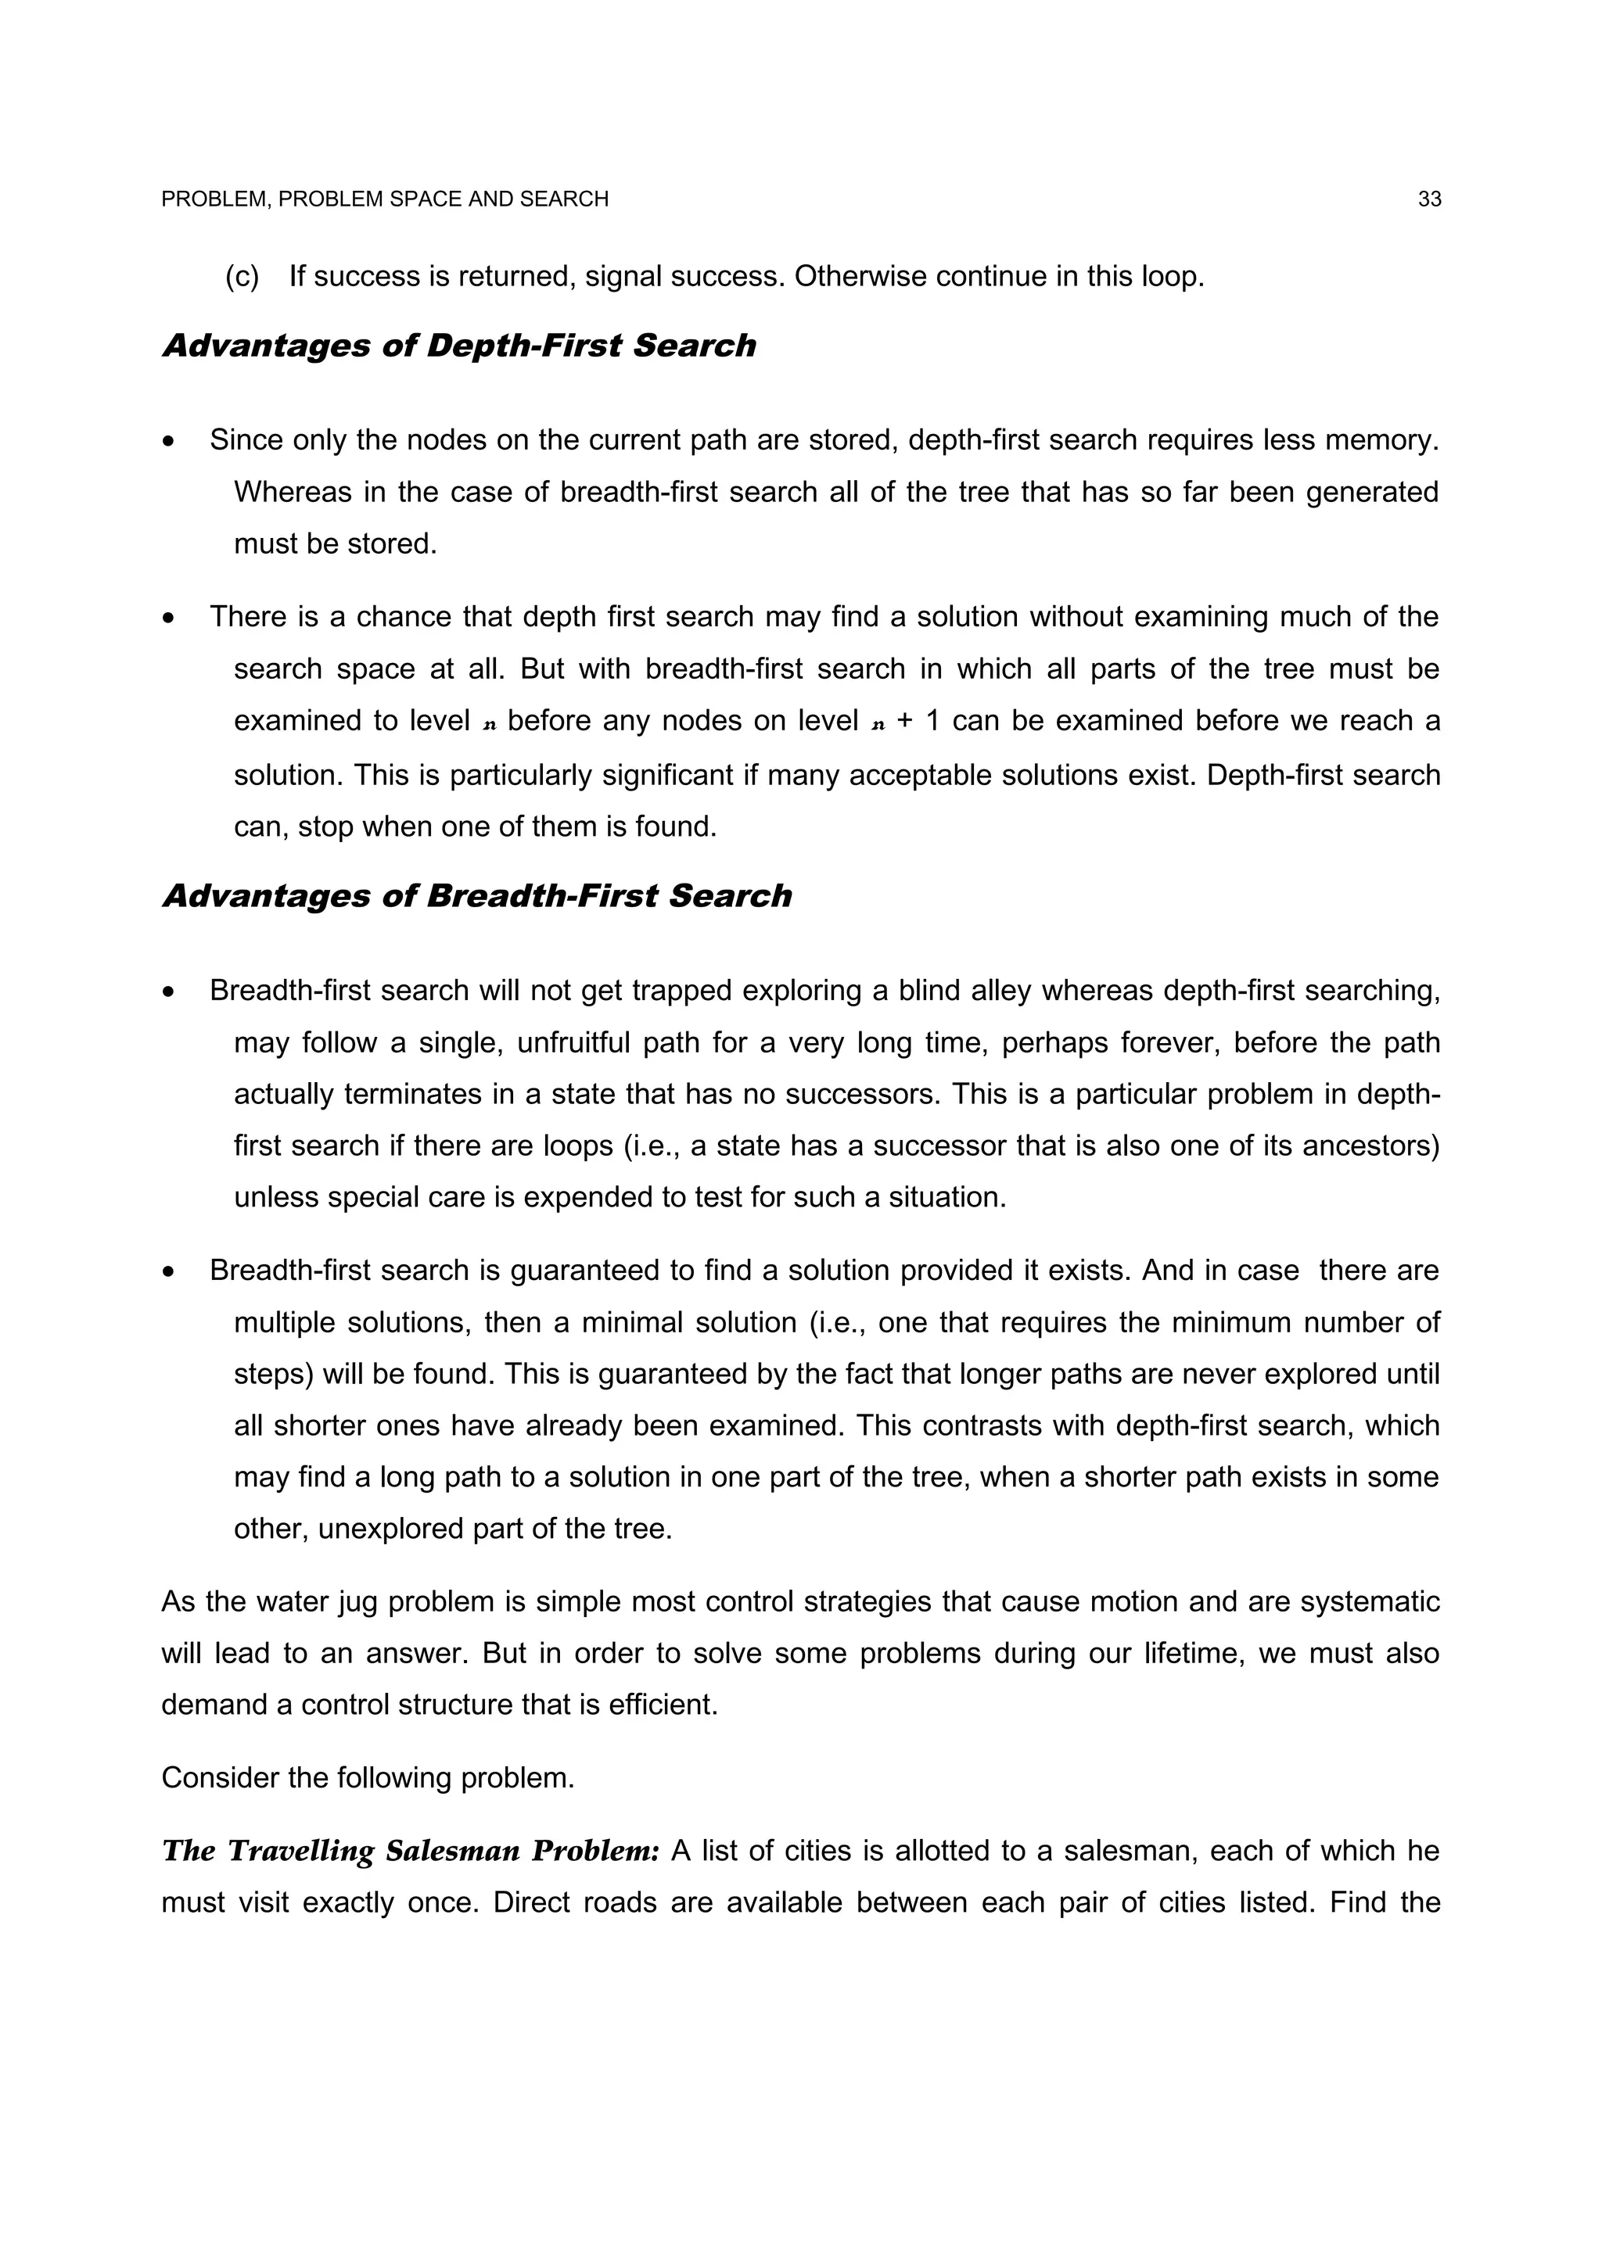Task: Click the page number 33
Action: [x=1428, y=199]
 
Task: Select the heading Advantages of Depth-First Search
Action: [x=458, y=346]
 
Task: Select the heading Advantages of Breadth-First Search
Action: [x=476, y=896]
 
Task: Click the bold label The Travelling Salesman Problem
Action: [x=410, y=1852]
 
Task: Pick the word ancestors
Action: [x=1372, y=1146]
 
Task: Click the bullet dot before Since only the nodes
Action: [x=169, y=441]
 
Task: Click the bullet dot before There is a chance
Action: [x=169, y=618]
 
